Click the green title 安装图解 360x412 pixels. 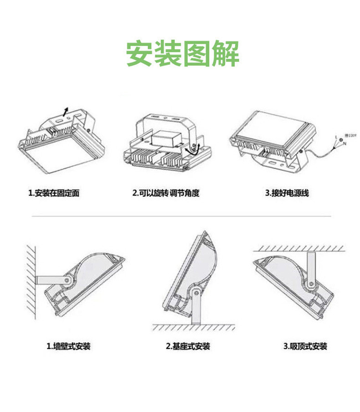click(182, 54)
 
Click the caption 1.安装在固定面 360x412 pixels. click(54, 193)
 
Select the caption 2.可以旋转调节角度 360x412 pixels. click(166, 193)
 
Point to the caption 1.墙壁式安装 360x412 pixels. click(68, 346)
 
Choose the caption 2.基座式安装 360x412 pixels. click(188, 346)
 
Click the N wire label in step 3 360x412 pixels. click(344, 144)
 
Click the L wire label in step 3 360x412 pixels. click(336, 137)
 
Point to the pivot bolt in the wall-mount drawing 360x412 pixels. click(67, 280)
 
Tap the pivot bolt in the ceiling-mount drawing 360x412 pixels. click(311, 285)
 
